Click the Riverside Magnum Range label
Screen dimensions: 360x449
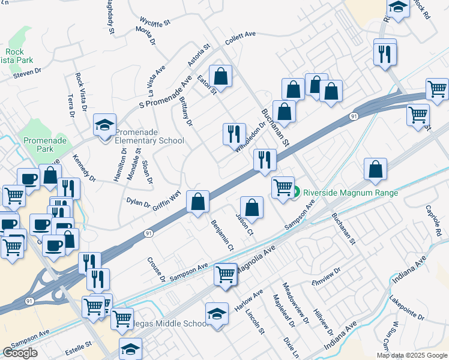point(351,193)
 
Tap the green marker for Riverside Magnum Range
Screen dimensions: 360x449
point(296,193)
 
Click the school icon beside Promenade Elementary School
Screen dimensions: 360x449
point(104,127)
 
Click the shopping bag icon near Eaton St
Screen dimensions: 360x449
point(221,76)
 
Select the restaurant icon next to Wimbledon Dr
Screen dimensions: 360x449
point(234,133)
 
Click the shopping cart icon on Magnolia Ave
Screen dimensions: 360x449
point(225,274)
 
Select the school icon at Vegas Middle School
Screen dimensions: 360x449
point(216,313)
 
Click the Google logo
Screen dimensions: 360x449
point(20,353)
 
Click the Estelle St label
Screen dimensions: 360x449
point(79,346)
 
